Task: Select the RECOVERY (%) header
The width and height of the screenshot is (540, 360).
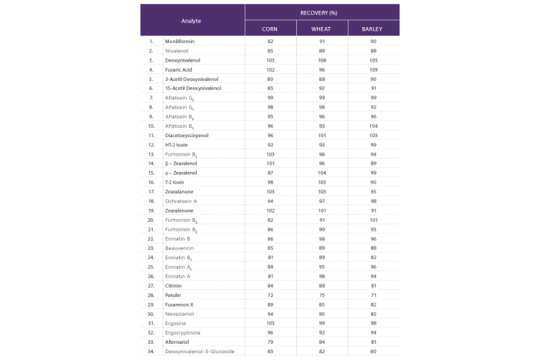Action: click(x=322, y=12)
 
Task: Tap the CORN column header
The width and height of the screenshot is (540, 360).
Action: click(x=270, y=29)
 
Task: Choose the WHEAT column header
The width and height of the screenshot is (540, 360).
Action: click(x=322, y=29)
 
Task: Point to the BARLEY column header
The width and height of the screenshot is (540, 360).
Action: click(x=373, y=29)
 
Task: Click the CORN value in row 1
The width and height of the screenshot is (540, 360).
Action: click(x=270, y=41)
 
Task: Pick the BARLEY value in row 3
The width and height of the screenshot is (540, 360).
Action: click(x=373, y=59)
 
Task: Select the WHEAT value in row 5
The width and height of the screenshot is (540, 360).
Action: click(x=322, y=78)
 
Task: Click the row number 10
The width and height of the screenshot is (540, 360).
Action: click(x=151, y=125)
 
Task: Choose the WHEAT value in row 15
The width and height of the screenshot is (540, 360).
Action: click(x=322, y=172)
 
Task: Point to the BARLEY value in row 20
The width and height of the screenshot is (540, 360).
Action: click(x=373, y=219)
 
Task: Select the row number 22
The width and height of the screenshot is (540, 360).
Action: click(x=151, y=237)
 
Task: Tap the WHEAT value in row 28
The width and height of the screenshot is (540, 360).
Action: click(x=322, y=294)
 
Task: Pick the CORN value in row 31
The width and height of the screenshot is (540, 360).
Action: click(x=270, y=322)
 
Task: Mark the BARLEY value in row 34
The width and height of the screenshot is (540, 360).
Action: click(x=373, y=351)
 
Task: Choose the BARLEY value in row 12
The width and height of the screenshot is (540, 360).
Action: click(x=373, y=143)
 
